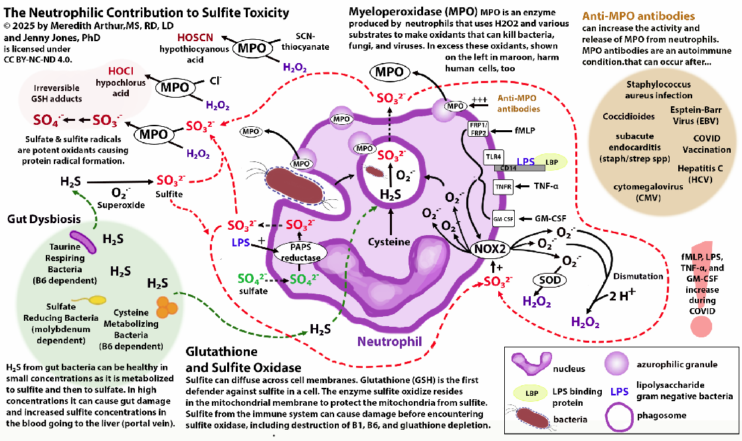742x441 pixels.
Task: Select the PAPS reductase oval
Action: tap(300, 252)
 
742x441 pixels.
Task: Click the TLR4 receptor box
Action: tap(492, 156)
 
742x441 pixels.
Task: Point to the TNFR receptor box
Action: tap(504, 187)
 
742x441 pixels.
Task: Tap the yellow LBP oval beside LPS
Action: tap(551, 161)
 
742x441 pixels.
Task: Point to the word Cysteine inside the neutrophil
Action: tap(389, 242)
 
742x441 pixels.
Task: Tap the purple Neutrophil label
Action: tap(389, 342)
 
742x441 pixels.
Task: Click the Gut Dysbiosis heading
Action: tap(45, 219)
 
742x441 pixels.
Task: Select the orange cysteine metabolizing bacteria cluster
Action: tap(166, 307)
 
